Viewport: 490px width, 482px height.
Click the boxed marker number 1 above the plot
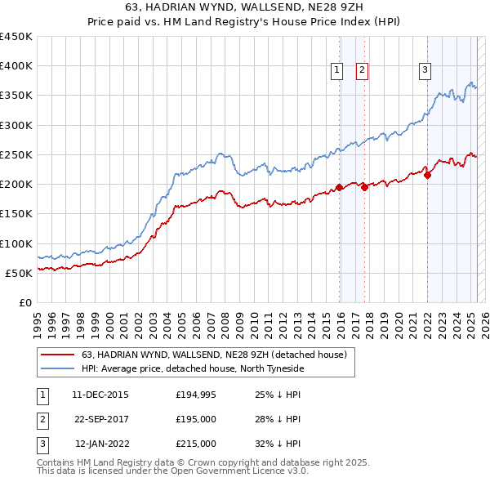tap(336, 71)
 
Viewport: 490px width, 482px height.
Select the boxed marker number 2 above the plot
tap(362, 71)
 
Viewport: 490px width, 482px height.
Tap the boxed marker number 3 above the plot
tap(425, 71)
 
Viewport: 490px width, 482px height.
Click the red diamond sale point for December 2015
tap(339, 188)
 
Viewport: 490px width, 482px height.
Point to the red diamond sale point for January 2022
tap(427, 175)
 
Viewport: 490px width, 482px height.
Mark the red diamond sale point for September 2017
tap(364, 187)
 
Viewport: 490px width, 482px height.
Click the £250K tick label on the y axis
tap(16, 154)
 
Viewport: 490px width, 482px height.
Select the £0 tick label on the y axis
tap(25, 302)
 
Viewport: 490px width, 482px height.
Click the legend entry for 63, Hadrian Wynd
tap(215, 355)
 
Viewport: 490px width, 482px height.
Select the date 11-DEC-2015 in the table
tap(100, 395)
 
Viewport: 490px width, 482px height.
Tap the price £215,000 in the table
tap(196, 444)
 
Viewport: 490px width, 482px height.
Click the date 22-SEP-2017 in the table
tap(100, 419)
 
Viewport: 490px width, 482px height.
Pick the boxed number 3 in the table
tap(42, 444)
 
